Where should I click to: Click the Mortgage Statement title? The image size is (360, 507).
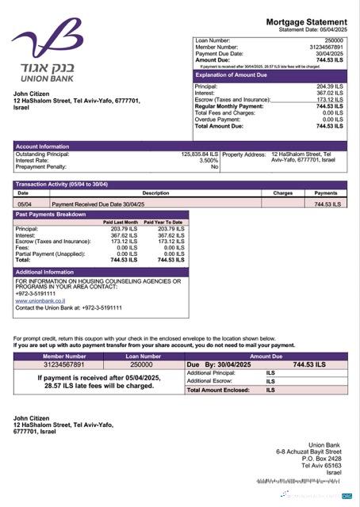pos(306,21)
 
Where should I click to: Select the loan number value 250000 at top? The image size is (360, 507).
pos(334,40)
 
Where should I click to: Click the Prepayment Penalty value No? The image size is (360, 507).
pos(214,167)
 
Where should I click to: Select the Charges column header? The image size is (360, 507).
pos(282,193)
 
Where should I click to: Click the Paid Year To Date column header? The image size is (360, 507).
pos(163,223)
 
